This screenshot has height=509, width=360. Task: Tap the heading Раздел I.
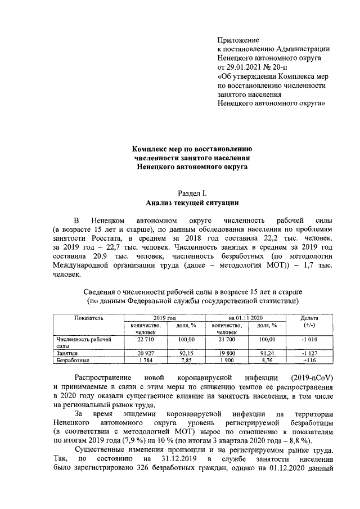pos(192,193)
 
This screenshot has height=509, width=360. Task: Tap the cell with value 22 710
pos(146,340)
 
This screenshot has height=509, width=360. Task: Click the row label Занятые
pos(67,353)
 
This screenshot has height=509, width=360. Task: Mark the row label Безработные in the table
pos(72,360)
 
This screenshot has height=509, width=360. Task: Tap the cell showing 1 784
pos(146,360)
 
